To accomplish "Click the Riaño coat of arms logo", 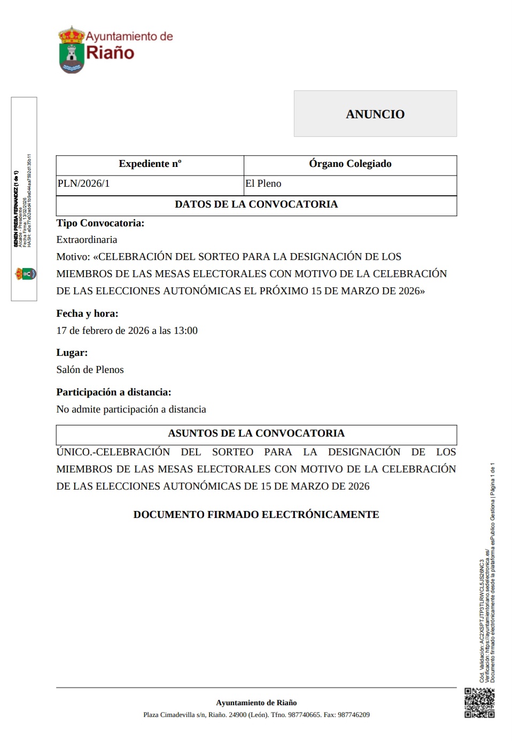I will coord(72,50).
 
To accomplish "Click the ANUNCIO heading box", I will coord(375,114).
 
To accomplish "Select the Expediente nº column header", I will coord(150,164).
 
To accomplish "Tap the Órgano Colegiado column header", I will coord(350,164).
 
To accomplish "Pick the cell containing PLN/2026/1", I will coord(84,184).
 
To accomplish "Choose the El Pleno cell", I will coord(263,184).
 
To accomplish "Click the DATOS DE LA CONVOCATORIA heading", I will coord(256,204).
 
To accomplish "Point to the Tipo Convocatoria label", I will coord(100,223).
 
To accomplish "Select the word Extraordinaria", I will coord(87,240).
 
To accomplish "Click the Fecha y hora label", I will coord(87,314).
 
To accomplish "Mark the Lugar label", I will coord(72,353).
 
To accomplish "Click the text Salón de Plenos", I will coord(90,370).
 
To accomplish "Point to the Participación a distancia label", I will coord(114,392).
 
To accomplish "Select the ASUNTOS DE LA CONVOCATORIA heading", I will coord(256,433).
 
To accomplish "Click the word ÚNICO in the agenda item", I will coord(73,452).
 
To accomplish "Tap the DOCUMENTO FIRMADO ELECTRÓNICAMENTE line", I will coord(256,515).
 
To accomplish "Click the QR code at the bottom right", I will coord(479,702).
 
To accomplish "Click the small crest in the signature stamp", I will coord(25,274).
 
